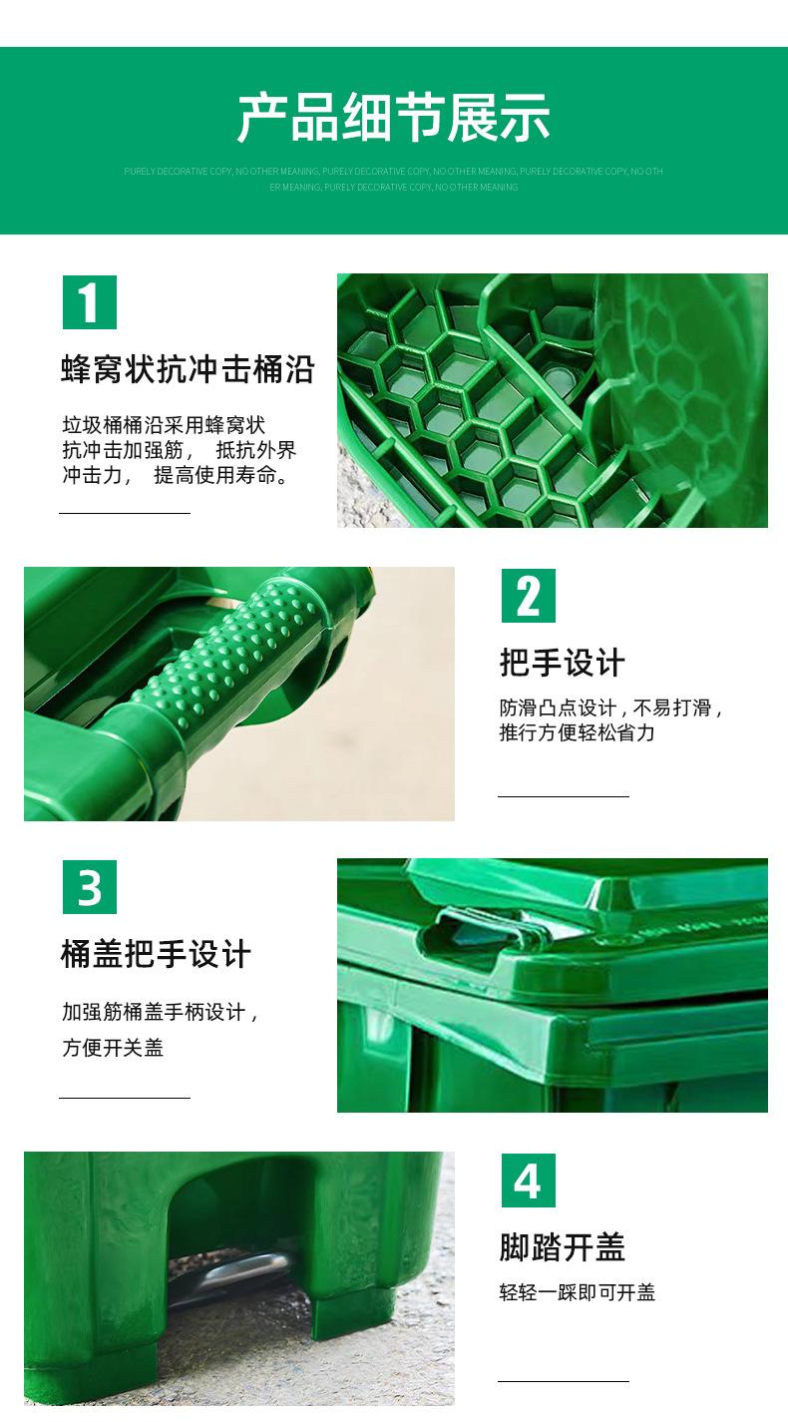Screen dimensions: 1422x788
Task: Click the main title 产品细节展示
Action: (x=393, y=118)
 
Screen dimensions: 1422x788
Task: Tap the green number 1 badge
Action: (x=90, y=302)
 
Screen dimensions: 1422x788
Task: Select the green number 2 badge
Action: (x=528, y=596)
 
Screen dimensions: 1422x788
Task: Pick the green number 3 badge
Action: (x=90, y=887)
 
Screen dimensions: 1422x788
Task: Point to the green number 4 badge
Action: (x=528, y=1181)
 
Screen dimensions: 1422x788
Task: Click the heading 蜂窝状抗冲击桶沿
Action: (x=188, y=369)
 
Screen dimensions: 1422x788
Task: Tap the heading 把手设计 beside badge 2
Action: (x=563, y=663)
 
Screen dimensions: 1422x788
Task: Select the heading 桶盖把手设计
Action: (x=156, y=954)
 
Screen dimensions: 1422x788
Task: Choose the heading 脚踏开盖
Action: (x=563, y=1247)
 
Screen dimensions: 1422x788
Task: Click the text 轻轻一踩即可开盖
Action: (x=578, y=1292)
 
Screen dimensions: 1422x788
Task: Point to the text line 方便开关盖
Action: (x=113, y=1048)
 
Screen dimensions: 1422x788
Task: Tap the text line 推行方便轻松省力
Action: (x=578, y=732)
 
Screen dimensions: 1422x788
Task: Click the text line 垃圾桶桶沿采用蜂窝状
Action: (x=164, y=425)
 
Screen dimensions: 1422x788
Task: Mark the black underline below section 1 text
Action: (x=125, y=513)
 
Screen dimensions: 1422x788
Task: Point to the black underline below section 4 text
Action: (x=564, y=1381)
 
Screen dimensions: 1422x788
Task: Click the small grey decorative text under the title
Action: (x=393, y=179)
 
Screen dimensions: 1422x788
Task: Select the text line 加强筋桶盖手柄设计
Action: (x=161, y=1013)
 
